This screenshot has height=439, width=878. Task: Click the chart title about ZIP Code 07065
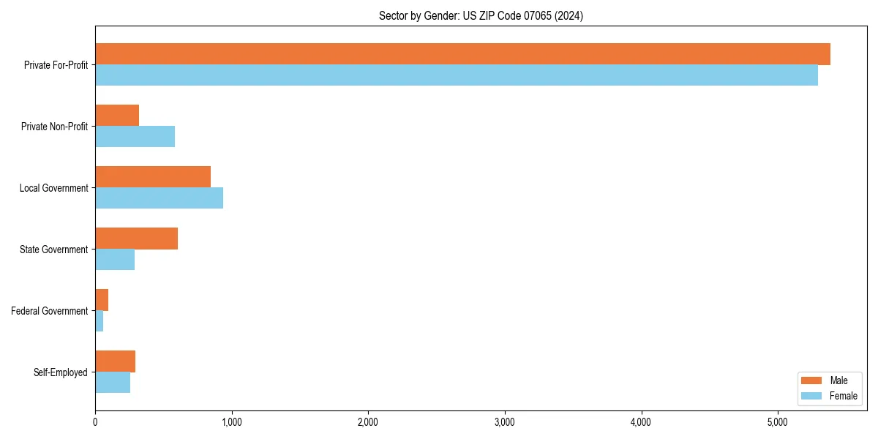[481, 15]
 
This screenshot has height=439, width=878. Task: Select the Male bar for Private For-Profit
[462, 54]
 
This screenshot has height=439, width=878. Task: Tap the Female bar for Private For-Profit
[457, 75]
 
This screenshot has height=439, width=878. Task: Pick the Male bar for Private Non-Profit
[117, 116]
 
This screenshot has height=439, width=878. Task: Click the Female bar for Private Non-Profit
[135, 137]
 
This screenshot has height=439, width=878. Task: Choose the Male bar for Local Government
[153, 177]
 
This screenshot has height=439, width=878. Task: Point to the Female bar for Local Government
[159, 198]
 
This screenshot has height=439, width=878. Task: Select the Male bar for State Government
[136, 239]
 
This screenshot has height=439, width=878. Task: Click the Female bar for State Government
[115, 260]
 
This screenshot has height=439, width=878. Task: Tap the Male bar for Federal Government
[102, 300]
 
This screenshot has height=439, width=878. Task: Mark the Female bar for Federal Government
[100, 321]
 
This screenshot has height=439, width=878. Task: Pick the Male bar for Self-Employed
[115, 361]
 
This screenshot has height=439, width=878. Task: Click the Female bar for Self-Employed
[113, 383]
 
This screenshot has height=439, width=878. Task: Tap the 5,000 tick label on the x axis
[778, 422]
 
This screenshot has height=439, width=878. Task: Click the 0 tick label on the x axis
[95, 422]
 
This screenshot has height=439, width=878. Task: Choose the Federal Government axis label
[50, 311]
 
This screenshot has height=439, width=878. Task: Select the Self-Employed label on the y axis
[61, 372]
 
